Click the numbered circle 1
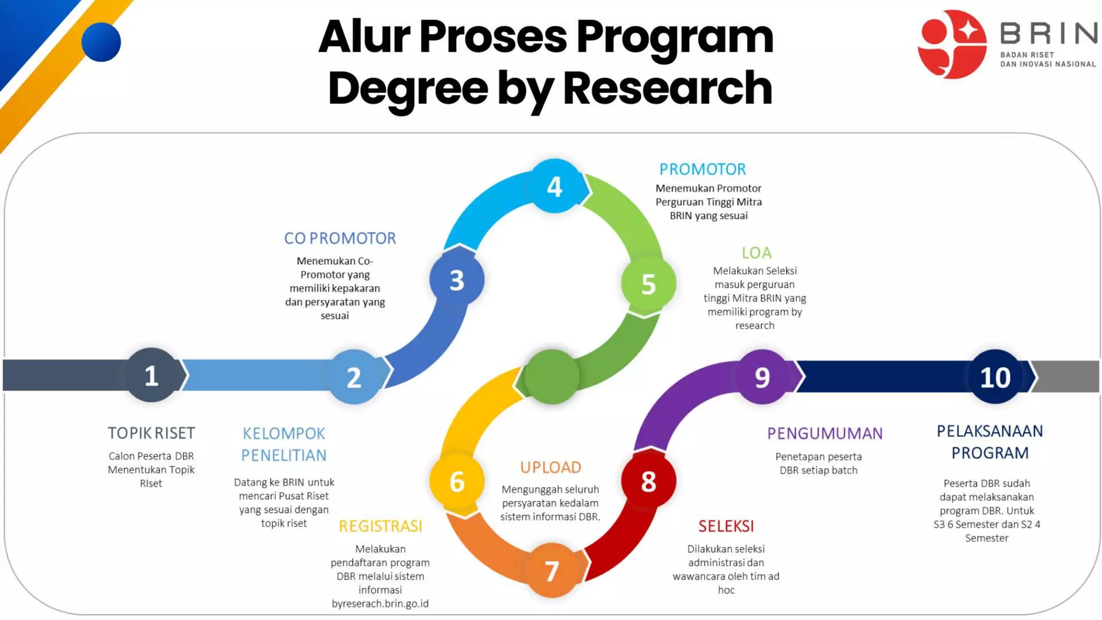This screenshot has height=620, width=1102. tap(151, 375)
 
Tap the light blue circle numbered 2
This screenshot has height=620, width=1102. tap(354, 377)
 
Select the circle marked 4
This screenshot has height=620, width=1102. tap(554, 186)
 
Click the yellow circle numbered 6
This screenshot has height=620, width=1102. tap(457, 481)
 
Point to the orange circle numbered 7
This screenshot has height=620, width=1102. tap(552, 570)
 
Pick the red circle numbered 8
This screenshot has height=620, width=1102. tap(648, 481)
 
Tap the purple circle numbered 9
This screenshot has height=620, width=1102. tap(762, 377)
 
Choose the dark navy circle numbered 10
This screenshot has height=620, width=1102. tap(995, 377)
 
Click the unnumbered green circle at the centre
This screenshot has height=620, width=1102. tap(552, 376)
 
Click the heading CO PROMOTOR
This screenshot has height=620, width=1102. tap(340, 238)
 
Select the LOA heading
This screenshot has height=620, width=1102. tap(757, 252)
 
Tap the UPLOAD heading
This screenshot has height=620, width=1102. tap(550, 467)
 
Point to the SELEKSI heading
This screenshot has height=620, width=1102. tap(726, 526)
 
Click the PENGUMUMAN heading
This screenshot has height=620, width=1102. tap(825, 433)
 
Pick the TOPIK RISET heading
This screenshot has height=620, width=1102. tap(151, 433)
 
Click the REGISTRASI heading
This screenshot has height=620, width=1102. tap(380, 526)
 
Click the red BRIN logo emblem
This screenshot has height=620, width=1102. tap(952, 44)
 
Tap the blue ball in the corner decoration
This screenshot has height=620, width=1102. tap(101, 42)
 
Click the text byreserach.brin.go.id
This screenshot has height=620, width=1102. tap(380, 603)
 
